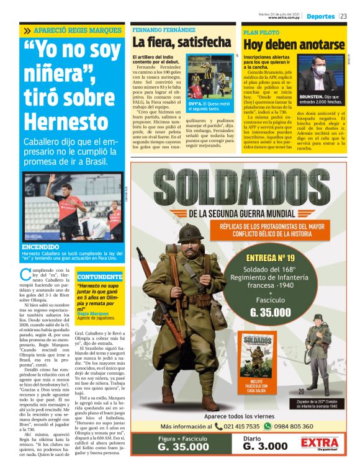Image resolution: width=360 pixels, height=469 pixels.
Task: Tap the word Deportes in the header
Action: point(320,16)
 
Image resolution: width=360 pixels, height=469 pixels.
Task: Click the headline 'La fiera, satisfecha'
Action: point(181,43)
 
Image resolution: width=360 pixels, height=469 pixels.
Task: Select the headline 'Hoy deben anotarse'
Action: point(294,45)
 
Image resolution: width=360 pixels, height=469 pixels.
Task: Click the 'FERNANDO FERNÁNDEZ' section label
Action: point(164,30)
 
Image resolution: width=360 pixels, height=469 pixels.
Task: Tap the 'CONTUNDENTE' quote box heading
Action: point(100,276)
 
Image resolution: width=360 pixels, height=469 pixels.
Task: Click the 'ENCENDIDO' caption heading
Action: point(40,246)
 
